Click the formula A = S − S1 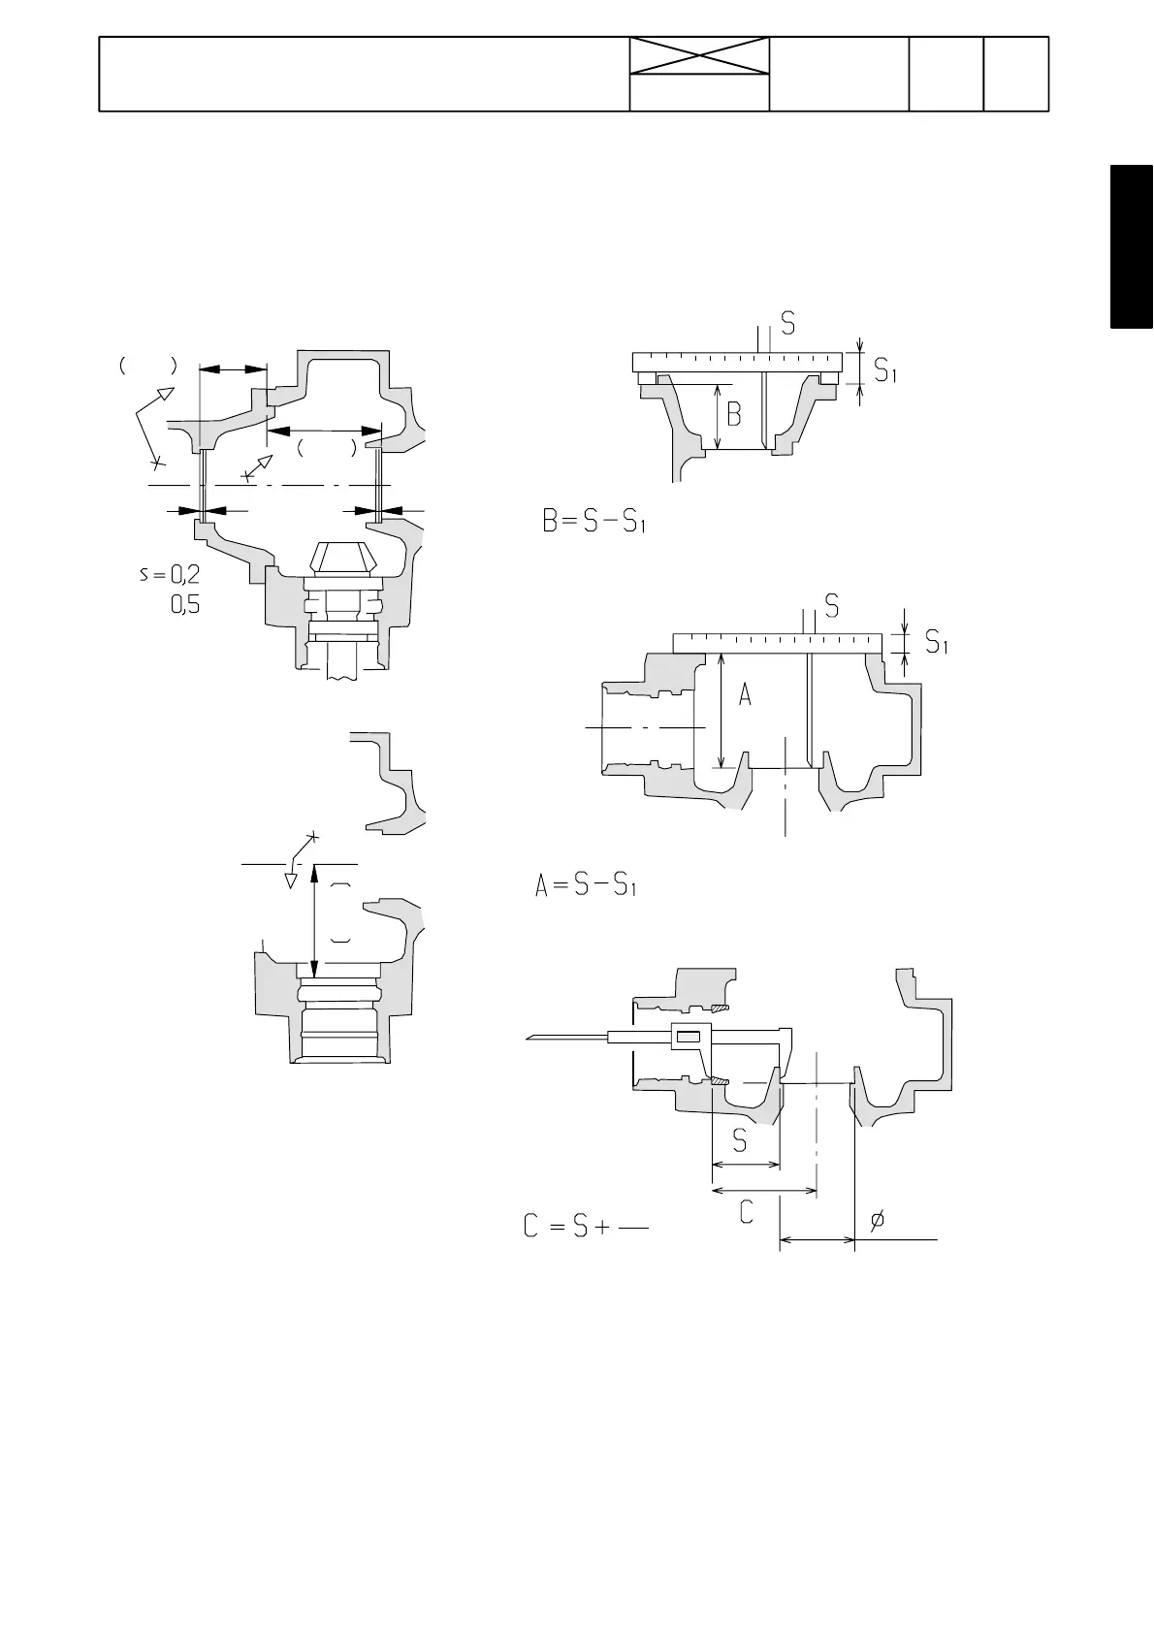[x=586, y=886]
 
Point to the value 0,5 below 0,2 [x=185, y=606]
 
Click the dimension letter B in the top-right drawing [x=734, y=415]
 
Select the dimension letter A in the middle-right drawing [x=745, y=694]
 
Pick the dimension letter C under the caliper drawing [x=747, y=1211]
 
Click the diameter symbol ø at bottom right [x=877, y=1221]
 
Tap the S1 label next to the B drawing [x=885, y=369]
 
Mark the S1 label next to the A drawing [x=936, y=641]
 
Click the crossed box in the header [x=699, y=56]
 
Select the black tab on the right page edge [x=1132, y=248]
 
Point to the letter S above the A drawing [x=831, y=606]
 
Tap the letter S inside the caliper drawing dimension [x=740, y=1141]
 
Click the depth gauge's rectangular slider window [x=688, y=1038]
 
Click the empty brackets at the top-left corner [x=147, y=367]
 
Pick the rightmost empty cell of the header [x=1016, y=74]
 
